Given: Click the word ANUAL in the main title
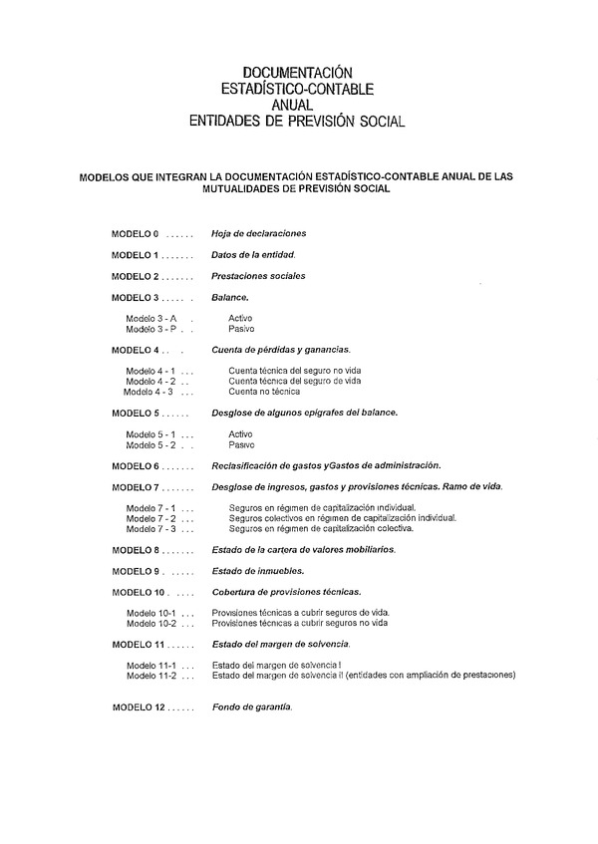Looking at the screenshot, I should tap(299, 104).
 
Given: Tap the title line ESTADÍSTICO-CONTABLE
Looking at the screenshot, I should tap(299, 88).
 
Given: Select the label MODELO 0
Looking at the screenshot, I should tap(135, 233).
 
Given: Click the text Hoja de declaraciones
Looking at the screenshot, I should tap(258, 233).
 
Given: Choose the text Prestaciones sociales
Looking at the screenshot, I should tap(258, 276).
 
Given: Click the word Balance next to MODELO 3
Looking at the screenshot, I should tap(230, 297).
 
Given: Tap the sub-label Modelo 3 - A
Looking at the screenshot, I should tap(151, 318).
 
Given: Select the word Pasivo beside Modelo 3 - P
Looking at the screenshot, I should tap(241, 328).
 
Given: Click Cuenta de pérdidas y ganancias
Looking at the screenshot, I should tap(281, 350).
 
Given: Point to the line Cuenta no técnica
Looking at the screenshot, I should tap(264, 391).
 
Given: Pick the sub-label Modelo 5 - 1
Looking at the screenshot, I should tap(151, 434).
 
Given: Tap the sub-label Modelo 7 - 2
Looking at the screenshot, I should tap(151, 518).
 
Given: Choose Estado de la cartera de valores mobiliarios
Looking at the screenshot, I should tap(303, 549).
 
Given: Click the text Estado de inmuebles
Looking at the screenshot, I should tap(257, 571).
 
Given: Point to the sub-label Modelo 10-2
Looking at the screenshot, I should tap(151, 623).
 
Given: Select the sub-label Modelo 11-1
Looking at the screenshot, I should tap(151, 665).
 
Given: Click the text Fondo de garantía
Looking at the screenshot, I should tap(252, 706).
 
